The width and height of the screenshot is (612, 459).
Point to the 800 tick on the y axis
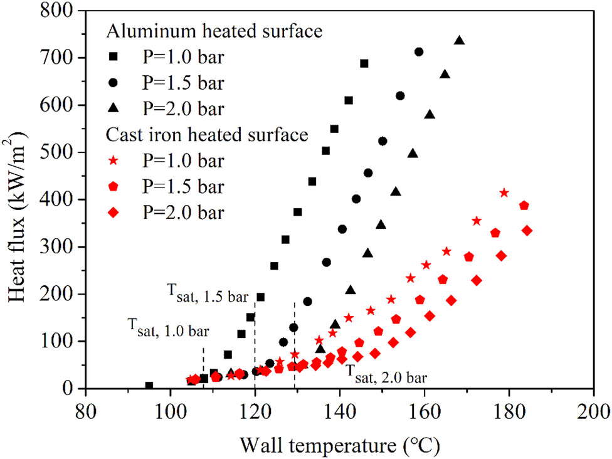click(x=63, y=11)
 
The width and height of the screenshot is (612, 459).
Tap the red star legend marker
click(x=115, y=161)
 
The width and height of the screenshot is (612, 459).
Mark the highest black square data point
click(x=364, y=63)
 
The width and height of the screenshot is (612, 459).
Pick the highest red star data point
click(x=504, y=193)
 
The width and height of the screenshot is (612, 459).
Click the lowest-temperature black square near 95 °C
click(x=149, y=386)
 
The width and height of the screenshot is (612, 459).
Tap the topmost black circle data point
click(x=419, y=51)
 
